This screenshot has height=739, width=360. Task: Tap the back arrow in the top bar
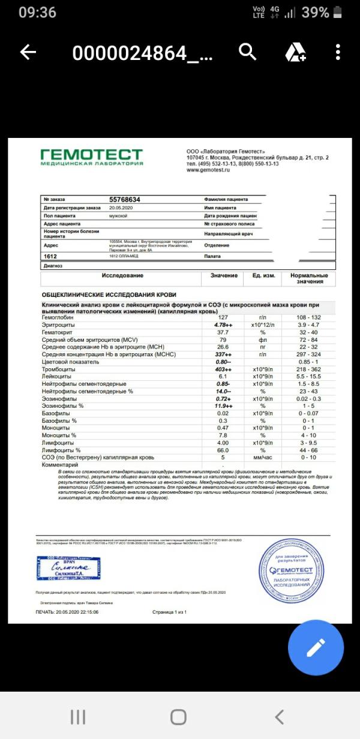tap(28, 53)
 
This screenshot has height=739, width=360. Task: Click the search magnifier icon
tap(248, 52)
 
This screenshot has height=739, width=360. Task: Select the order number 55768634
tap(125, 199)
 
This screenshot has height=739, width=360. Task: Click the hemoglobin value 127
tap(223, 317)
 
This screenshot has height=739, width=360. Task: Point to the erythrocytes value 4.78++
tap(223, 325)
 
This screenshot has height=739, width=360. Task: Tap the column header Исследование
tap(122, 275)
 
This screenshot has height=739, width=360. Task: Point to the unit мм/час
tap(262, 458)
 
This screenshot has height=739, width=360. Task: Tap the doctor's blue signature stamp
tap(68, 567)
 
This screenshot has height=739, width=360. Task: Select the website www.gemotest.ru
tap(209, 170)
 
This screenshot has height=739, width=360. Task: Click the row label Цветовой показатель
tap(69, 362)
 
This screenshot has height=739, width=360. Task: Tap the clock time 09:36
tap(37, 13)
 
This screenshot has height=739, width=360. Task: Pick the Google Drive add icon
tap(295, 53)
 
